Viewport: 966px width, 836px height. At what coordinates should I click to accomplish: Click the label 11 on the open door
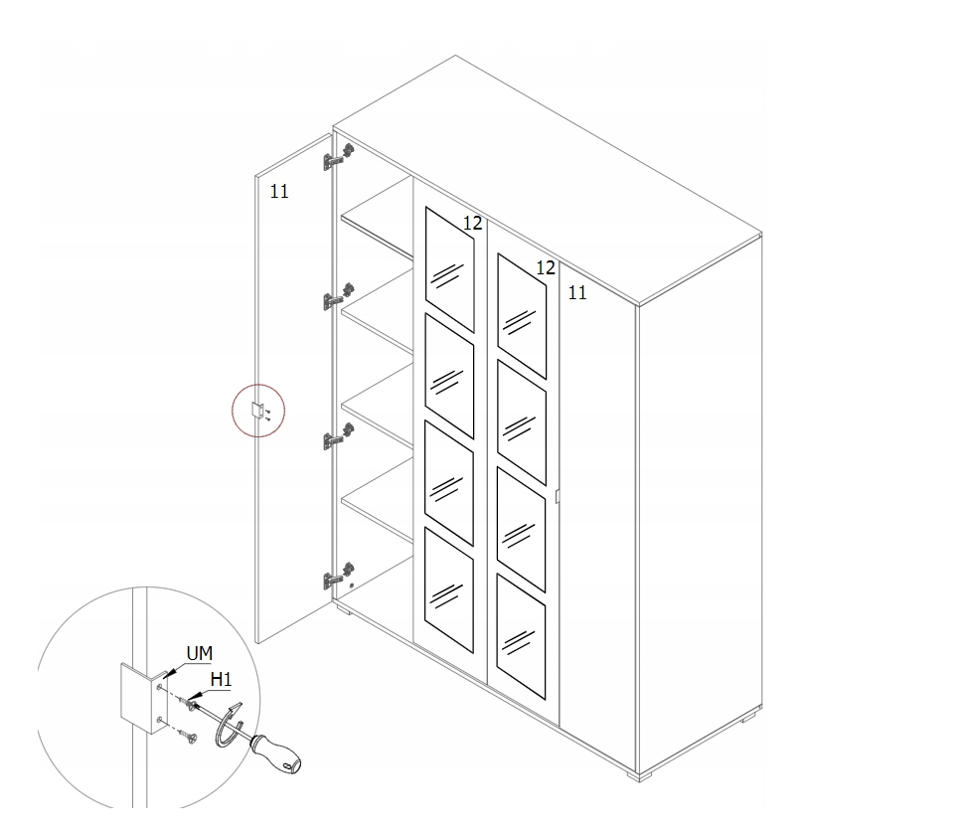pos(279,192)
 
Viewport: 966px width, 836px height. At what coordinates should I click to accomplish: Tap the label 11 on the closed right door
pos(576,292)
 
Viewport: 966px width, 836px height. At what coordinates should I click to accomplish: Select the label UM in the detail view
pos(200,653)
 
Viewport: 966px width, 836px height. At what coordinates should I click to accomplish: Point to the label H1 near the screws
pos(222,679)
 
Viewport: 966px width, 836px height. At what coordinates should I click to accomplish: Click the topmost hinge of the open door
pos(338,157)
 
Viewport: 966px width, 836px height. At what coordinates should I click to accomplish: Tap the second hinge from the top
pos(338,297)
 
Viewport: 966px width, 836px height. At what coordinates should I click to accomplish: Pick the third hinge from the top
pos(338,436)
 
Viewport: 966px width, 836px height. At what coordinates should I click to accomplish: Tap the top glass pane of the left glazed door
pos(450,269)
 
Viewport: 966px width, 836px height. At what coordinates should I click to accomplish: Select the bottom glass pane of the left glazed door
pos(449,589)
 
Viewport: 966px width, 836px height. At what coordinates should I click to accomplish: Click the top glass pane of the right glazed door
pos(522,316)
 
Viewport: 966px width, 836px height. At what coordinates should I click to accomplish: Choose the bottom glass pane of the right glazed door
pos(521,636)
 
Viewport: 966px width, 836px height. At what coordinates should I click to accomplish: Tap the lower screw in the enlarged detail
pos(186,734)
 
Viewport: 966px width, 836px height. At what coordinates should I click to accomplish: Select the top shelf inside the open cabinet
pos(377,216)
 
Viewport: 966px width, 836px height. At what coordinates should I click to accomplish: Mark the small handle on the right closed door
pos(557,497)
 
